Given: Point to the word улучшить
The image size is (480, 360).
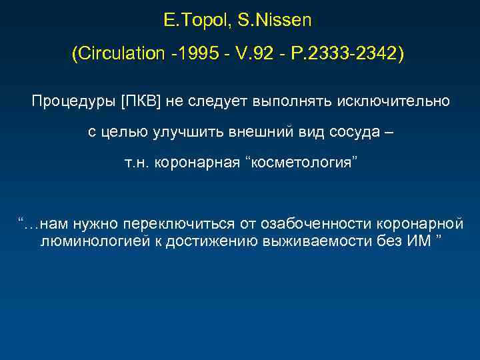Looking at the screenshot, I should [x=183, y=132].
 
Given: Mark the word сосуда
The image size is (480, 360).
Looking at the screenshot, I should [x=349, y=132].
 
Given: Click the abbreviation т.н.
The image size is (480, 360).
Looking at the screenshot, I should [x=137, y=163].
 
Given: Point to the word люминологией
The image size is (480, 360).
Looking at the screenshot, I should [x=88, y=239].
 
